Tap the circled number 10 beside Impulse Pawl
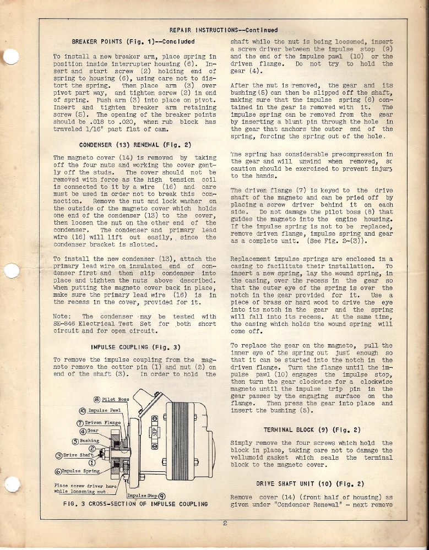tap(82, 410)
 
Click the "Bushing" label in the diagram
tap(88, 440)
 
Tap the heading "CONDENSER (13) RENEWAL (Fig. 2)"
tap(135, 145)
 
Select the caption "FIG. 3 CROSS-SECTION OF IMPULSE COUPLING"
tap(135, 504)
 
